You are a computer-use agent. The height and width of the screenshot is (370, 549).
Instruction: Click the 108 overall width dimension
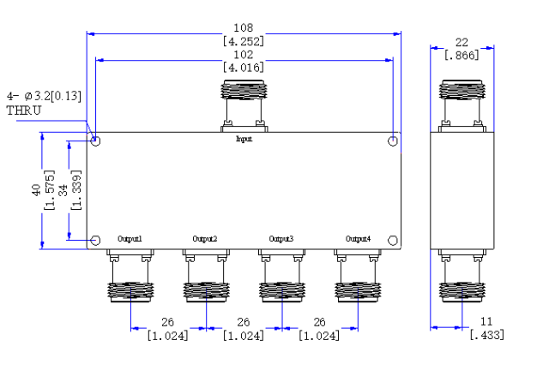[244, 28]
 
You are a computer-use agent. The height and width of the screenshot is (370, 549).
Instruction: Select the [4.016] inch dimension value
[244, 67]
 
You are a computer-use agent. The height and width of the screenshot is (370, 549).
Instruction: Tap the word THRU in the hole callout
[24, 110]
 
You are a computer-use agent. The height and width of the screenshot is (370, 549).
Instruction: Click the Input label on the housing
[244, 139]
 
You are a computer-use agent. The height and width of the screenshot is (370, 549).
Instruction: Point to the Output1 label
[130, 239]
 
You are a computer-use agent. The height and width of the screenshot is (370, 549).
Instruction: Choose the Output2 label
[205, 239]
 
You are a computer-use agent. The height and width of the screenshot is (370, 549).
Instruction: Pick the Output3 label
[281, 239]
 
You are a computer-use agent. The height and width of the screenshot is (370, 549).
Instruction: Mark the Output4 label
[358, 239]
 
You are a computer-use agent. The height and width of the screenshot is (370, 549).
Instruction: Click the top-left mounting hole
[95, 141]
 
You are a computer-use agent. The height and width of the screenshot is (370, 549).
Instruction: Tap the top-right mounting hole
[393, 141]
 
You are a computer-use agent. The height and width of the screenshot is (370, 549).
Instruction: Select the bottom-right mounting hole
[393, 241]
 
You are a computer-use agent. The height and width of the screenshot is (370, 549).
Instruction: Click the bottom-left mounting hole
[95, 241]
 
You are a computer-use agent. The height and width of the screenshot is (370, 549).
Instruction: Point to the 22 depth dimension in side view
[462, 43]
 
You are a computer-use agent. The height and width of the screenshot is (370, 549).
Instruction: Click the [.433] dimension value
[487, 335]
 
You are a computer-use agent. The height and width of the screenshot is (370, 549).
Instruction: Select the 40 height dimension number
[36, 190]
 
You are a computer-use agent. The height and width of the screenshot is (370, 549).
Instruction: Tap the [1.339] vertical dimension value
[76, 190]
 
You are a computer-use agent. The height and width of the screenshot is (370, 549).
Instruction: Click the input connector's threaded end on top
[244, 90]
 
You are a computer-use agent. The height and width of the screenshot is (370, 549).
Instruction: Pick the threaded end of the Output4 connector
[358, 292]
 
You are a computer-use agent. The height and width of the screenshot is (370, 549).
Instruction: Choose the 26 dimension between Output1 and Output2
[168, 322]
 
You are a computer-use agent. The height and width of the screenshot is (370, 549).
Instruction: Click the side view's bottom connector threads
[462, 292]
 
